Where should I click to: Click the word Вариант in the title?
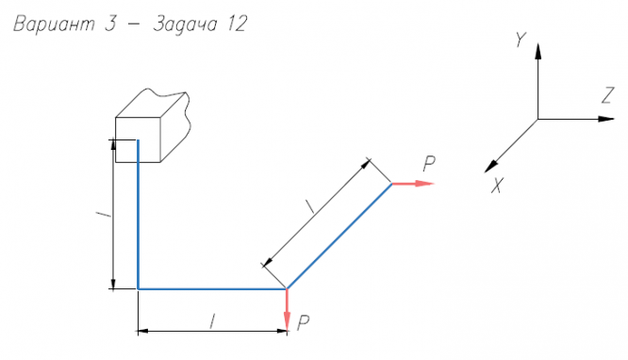[55, 24]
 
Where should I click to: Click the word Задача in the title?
[185, 24]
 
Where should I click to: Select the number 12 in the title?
[238, 24]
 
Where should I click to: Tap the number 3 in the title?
[110, 24]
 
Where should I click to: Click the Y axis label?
[521, 40]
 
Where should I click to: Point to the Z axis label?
[607, 96]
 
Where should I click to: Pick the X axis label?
[497, 186]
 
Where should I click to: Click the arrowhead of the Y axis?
[537, 51]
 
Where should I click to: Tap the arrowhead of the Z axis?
[606, 119]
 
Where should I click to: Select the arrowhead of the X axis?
[491, 166]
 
